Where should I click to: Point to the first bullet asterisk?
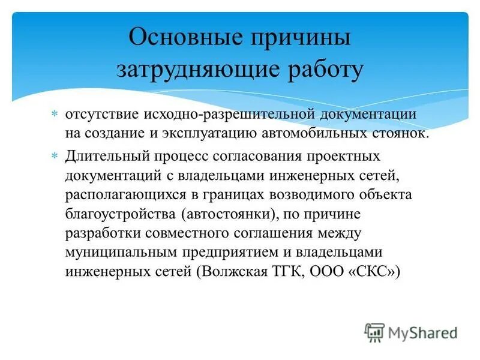click(53, 113)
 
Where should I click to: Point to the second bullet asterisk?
click(53, 155)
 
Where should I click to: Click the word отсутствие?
click(100, 113)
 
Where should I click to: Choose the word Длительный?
click(102, 156)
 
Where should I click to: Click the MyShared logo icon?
click(374, 331)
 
